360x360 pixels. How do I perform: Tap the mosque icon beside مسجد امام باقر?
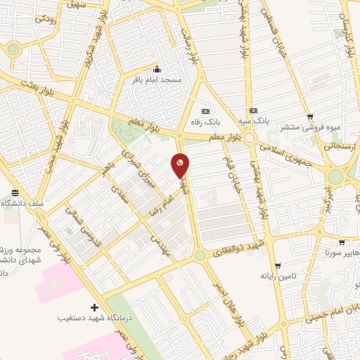[156, 69]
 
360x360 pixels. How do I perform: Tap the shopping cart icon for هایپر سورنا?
[341, 241]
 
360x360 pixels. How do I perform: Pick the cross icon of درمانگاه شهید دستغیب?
[95, 307]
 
